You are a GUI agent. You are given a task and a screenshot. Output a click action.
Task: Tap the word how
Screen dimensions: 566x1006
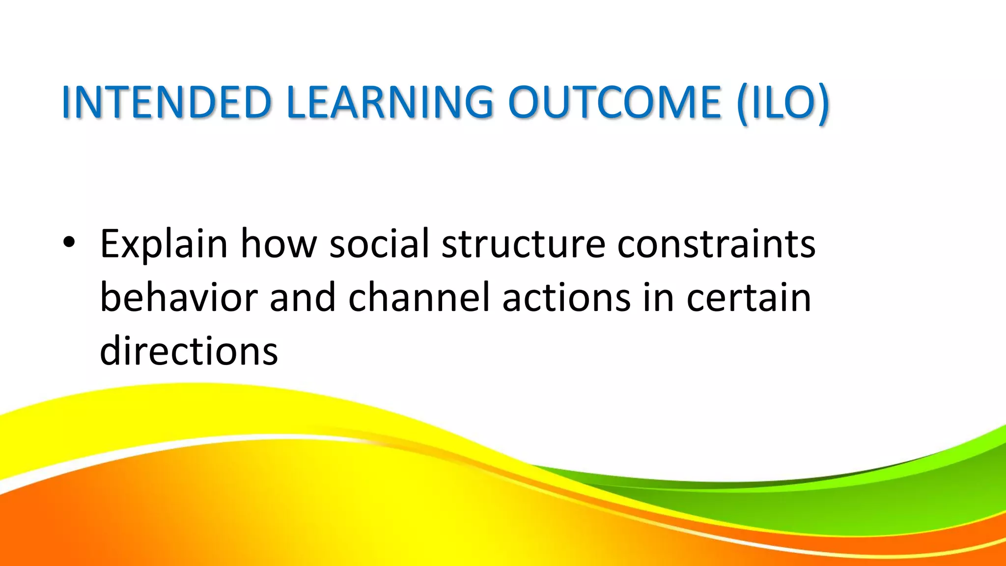coord(279,244)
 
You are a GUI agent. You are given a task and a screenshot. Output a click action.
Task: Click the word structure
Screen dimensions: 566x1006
coord(523,244)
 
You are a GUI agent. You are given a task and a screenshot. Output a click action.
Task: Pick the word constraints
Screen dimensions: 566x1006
coord(716,244)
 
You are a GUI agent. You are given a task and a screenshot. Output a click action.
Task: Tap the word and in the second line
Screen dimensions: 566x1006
coord(303,298)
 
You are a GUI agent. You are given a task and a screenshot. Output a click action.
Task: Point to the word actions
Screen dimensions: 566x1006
coord(566,298)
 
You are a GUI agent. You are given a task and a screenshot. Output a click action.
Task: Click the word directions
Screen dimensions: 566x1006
coord(189,351)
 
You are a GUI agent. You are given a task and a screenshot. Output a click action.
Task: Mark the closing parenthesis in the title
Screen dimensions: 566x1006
coord(823,104)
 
